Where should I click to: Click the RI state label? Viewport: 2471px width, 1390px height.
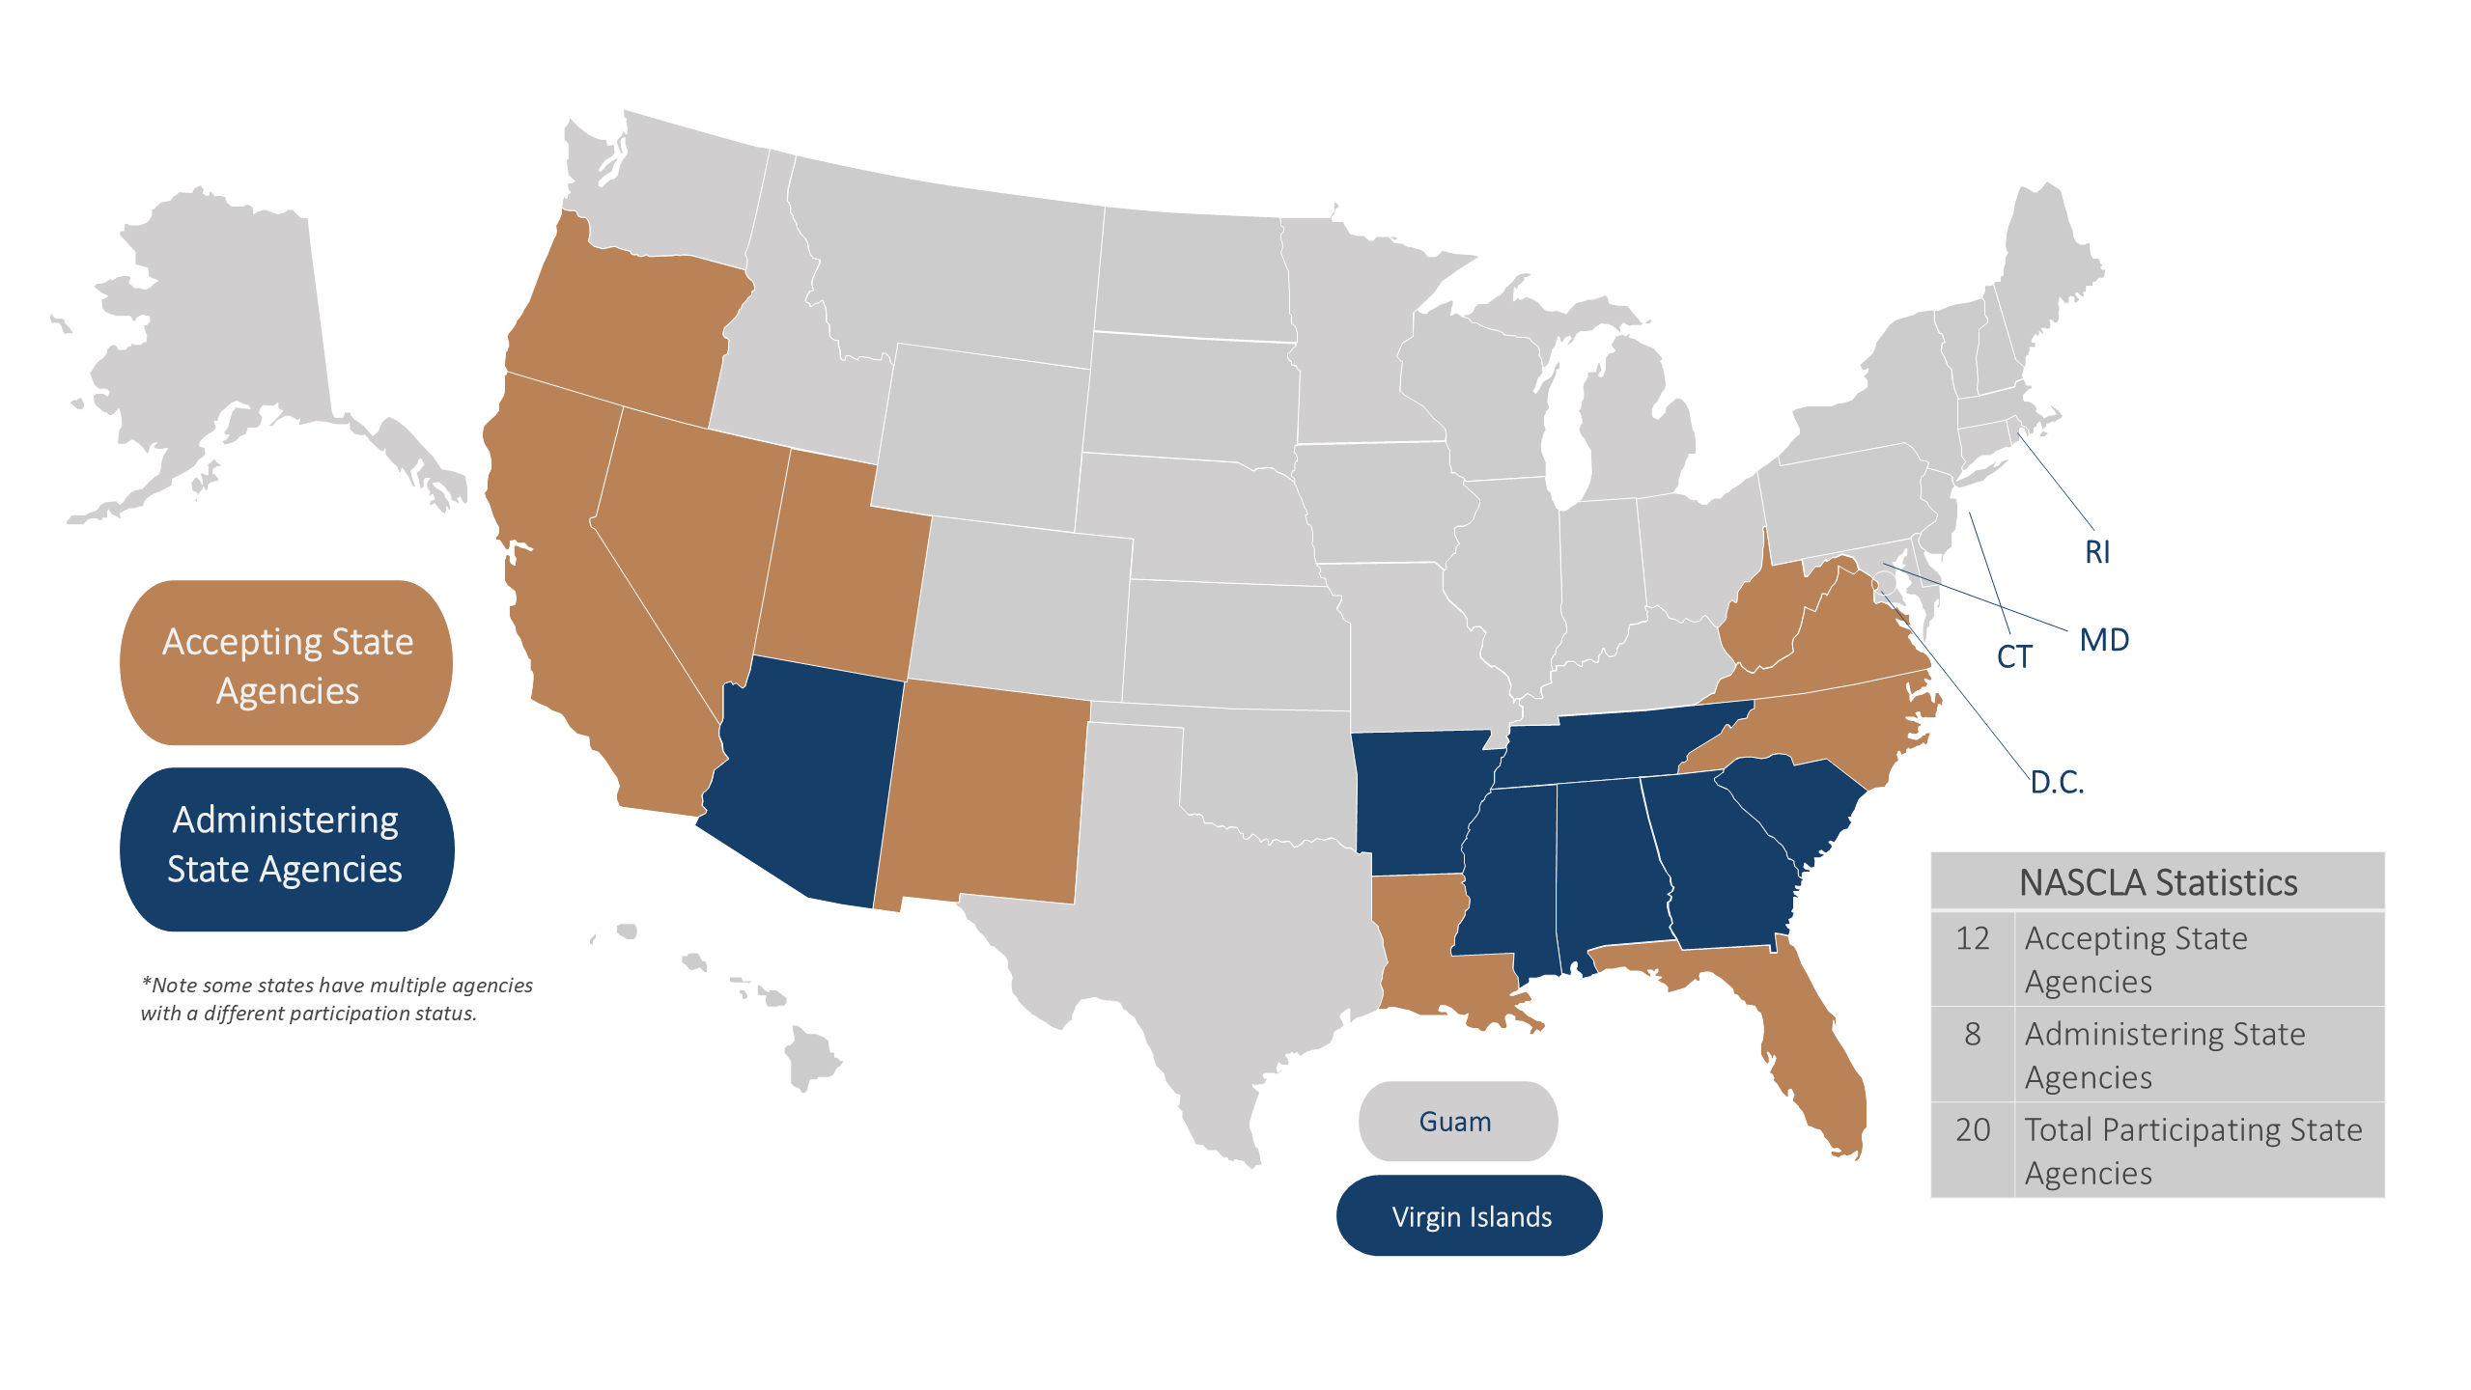click(x=2096, y=552)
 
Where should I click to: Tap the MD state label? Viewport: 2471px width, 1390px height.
click(x=2103, y=640)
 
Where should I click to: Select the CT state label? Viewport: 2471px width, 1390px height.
click(x=2013, y=657)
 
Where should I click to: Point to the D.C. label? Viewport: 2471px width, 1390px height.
click(x=2056, y=782)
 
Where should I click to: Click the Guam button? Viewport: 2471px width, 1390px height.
click(x=1456, y=1122)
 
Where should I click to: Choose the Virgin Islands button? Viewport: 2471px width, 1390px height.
click(x=1470, y=1216)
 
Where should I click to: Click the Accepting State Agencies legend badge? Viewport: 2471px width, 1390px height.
click(x=287, y=664)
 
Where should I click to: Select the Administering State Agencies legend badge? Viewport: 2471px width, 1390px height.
click(x=287, y=847)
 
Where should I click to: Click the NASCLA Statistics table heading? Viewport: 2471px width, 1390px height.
click(x=2157, y=882)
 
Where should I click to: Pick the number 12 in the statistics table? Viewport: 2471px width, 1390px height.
click(x=1972, y=938)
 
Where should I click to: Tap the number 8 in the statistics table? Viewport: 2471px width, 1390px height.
click(x=1972, y=1034)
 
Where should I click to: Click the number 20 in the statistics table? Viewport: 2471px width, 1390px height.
click(x=1972, y=1129)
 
